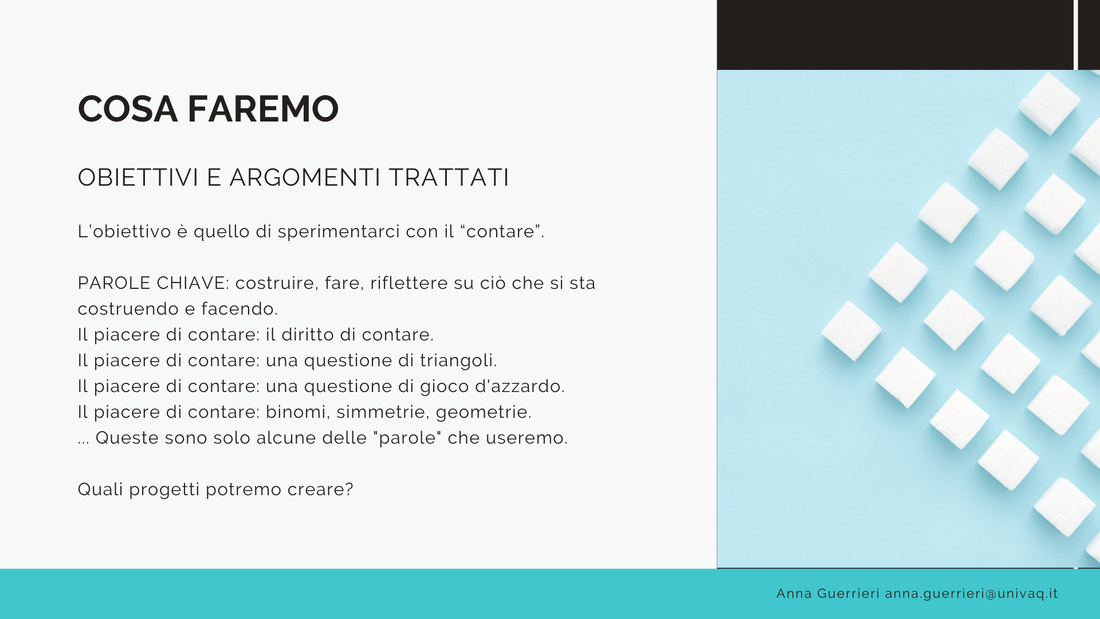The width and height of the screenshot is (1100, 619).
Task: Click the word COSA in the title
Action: (127, 109)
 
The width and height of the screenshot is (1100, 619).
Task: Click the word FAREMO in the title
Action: (263, 109)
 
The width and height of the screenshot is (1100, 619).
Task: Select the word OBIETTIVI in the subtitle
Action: (138, 178)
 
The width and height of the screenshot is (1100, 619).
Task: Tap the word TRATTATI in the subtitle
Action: (449, 178)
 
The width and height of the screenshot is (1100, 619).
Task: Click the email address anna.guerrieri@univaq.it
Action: (972, 594)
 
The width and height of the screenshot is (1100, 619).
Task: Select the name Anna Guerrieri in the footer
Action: (828, 593)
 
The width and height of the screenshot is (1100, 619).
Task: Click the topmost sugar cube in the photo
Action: (1050, 104)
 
